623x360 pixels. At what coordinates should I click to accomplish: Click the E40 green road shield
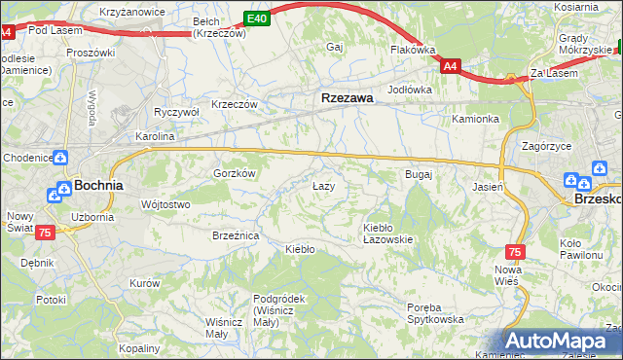point(256,18)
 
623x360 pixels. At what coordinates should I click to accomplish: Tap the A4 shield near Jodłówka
point(450,66)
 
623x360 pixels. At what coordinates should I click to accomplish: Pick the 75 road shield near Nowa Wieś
point(516,251)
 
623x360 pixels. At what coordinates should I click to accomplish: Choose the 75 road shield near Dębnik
point(45,233)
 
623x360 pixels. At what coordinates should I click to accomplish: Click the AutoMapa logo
point(562,342)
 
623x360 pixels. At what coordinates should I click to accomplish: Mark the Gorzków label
point(234,173)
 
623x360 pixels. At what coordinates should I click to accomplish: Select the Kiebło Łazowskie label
point(388,233)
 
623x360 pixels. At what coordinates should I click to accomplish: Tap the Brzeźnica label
point(235,235)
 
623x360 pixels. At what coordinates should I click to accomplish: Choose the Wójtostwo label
point(165,205)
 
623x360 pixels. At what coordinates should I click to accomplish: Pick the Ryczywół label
point(176,112)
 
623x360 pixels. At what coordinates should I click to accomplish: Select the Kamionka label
point(475,119)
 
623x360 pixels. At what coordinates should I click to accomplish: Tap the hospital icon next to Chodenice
point(61,156)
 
